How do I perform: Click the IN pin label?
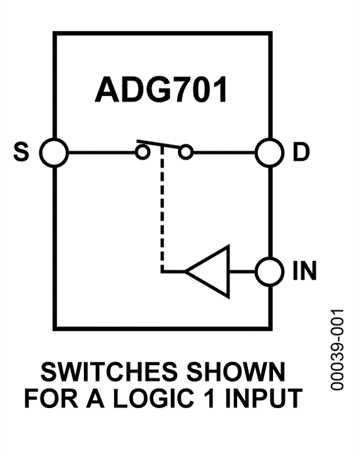click(x=305, y=272)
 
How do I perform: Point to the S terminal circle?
click(x=54, y=153)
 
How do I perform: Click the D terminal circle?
click(x=270, y=153)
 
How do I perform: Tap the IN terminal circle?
click(x=270, y=272)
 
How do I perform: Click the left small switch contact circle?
click(x=143, y=153)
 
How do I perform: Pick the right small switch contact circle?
click(x=185, y=153)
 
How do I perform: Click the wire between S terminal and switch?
click(x=101, y=153)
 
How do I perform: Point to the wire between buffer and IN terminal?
click(x=243, y=272)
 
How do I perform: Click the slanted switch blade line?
click(x=161, y=144)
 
